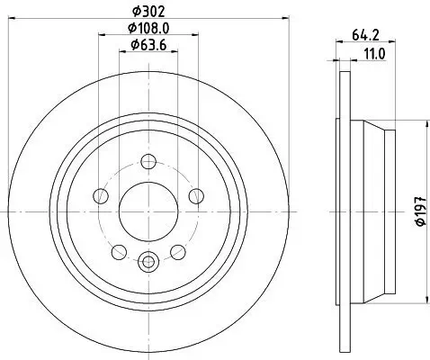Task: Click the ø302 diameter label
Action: (x=148, y=12)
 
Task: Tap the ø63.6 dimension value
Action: (x=148, y=44)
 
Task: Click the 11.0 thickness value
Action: (x=373, y=54)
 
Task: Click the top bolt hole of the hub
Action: (x=149, y=162)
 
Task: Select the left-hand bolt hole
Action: (x=103, y=196)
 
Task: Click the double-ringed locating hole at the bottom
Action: (x=149, y=263)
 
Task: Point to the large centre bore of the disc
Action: (x=149, y=211)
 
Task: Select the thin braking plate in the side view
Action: (x=341, y=211)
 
